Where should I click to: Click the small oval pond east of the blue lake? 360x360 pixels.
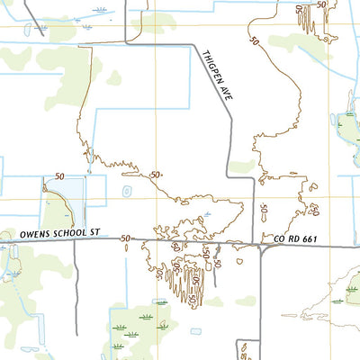click(x=126, y=191)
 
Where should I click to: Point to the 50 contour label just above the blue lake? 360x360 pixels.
click(x=59, y=176)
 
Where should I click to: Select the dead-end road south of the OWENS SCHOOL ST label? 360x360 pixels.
click(x=75, y=297)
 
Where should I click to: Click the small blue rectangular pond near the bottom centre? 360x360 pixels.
click(x=196, y=331)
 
